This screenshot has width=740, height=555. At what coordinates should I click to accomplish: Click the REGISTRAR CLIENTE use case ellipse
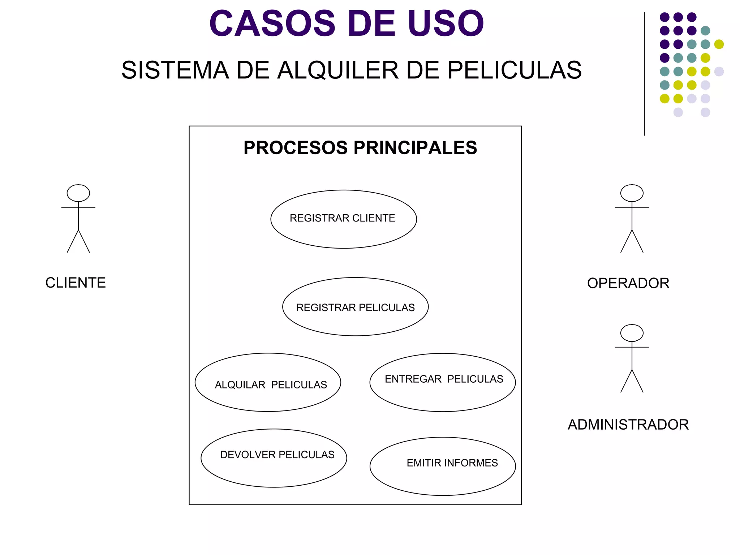tap(343, 219)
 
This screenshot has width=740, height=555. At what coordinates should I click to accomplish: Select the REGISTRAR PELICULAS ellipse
tap(355, 307)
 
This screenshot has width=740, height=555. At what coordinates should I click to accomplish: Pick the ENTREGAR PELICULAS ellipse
tap(443, 382)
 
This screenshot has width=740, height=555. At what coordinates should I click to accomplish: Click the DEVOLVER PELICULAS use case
tap(274, 458)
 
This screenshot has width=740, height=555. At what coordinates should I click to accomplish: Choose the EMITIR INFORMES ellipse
tap(443, 466)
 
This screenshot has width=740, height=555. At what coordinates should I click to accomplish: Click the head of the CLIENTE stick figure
tap(78, 193)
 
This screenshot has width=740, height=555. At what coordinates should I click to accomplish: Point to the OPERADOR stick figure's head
tap(632, 193)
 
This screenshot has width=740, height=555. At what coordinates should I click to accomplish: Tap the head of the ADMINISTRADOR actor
tap(632, 333)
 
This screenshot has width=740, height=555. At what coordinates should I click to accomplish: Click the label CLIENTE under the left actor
tap(76, 283)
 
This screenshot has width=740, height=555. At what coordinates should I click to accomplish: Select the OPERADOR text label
tap(628, 283)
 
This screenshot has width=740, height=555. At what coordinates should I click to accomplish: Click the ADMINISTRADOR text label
tap(628, 425)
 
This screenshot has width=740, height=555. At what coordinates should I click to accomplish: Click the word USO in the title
tap(445, 24)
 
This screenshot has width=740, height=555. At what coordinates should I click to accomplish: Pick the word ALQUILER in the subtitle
tap(338, 70)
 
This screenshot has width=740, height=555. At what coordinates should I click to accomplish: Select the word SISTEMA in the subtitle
tap(175, 70)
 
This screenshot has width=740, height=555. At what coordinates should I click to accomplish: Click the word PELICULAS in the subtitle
tap(515, 70)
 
